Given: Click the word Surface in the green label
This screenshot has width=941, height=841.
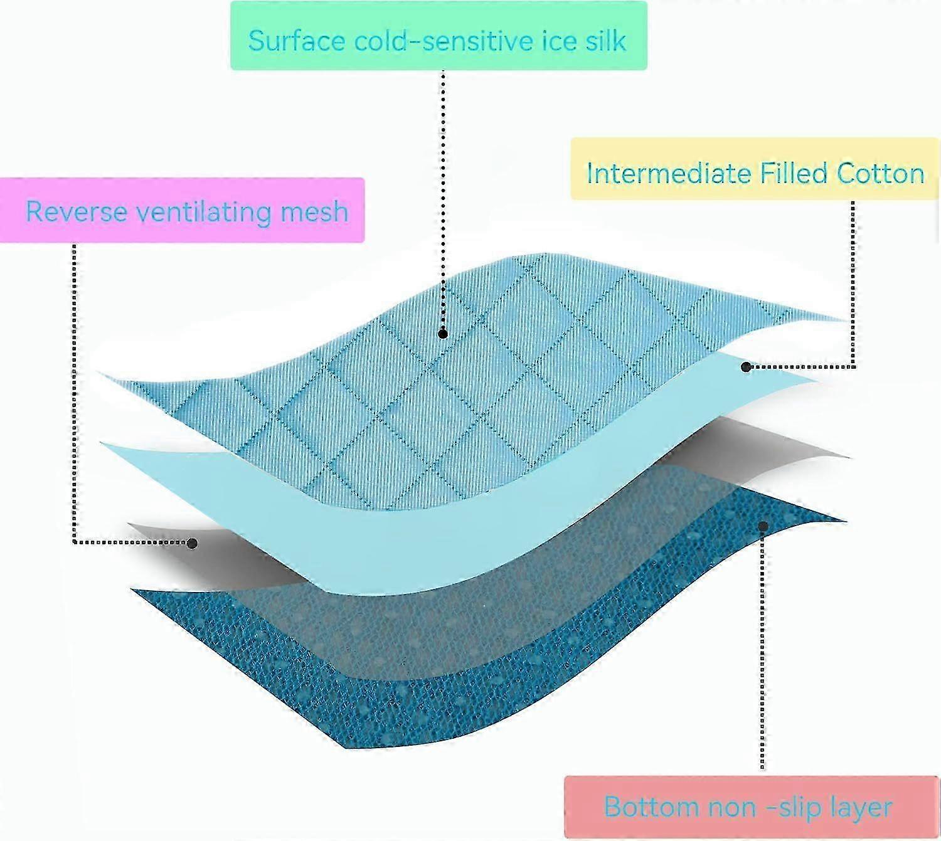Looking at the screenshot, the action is [x=297, y=40].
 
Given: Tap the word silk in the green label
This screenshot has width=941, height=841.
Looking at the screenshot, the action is [x=605, y=40].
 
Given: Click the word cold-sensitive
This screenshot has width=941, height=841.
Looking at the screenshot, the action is [x=444, y=40].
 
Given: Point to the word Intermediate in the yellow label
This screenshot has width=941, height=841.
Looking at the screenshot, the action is [x=668, y=172].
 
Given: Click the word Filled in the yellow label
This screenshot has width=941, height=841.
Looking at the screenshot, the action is [x=793, y=172].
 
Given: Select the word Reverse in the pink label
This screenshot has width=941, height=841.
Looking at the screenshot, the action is [x=77, y=211].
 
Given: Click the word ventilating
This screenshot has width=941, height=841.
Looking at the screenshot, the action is [x=204, y=212].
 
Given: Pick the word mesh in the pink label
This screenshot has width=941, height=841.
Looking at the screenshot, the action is [x=314, y=212].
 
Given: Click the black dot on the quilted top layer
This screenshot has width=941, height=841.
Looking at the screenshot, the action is [x=443, y=334].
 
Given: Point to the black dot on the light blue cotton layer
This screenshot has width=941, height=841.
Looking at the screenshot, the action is [x=745, y=367].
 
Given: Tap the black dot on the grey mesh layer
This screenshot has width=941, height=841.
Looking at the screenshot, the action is [x=192, y=543].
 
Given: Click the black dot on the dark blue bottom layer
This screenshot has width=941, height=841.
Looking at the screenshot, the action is [x=762, y=526].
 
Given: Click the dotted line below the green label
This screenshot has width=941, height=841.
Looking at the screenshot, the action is [x=443, y=199].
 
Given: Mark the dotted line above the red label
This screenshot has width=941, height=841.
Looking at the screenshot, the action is [x=762, y=650].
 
